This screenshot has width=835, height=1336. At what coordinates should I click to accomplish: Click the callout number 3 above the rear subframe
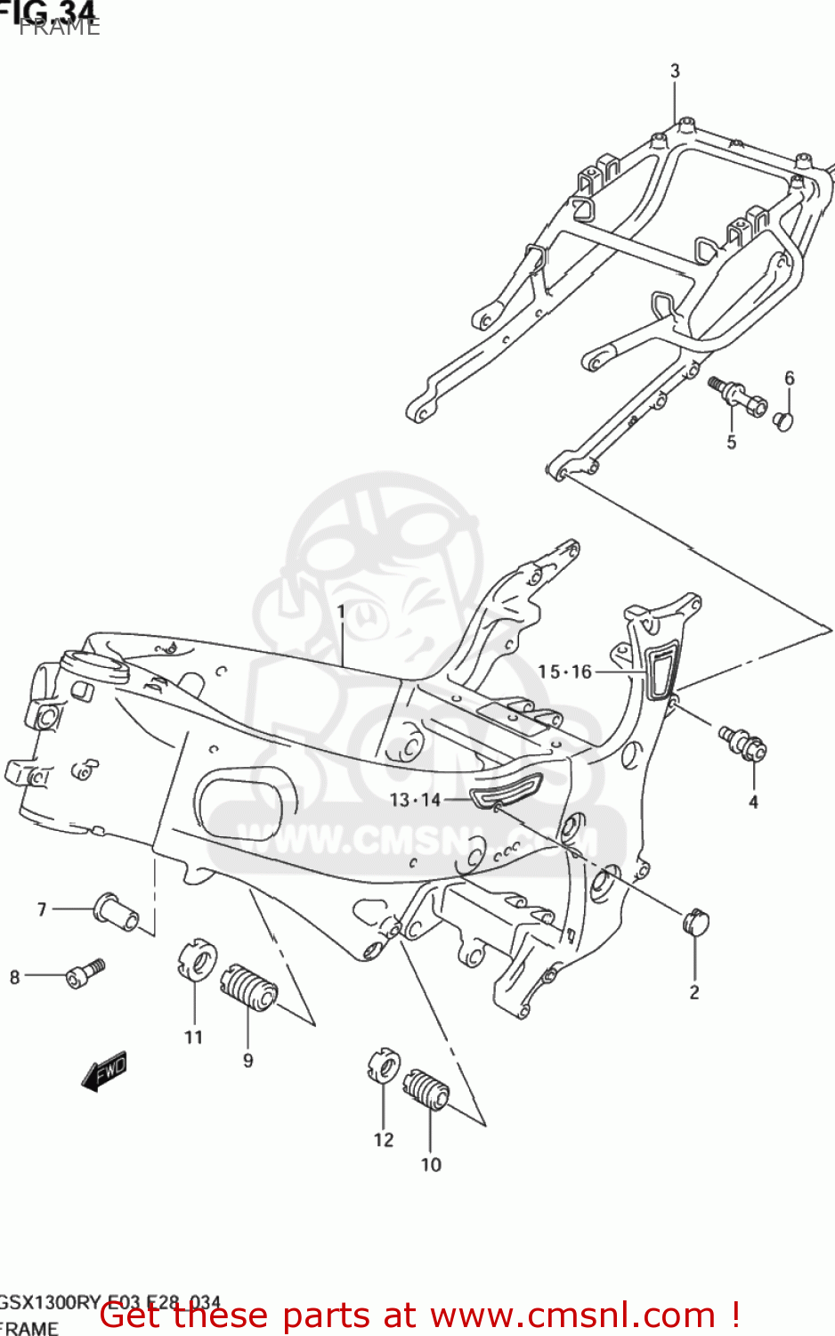click(675, 70)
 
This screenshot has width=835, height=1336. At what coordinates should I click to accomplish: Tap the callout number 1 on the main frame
click(341, 612)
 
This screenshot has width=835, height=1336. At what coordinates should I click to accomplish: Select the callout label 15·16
click(564, 672)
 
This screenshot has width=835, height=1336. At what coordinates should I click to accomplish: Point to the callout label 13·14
click(415, 800)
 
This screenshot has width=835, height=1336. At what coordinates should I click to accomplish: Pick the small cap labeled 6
click(782, 420)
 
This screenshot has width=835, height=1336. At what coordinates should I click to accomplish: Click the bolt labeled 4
click(744, 742)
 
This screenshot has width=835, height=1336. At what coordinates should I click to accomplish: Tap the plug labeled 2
click(695, 922)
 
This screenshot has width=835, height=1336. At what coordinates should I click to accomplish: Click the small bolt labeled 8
click(85, 973)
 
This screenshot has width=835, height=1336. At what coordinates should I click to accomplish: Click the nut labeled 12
click(384, 1066)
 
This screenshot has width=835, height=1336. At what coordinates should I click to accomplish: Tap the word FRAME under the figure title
click(60, 28)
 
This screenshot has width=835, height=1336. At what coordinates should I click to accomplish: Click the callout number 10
click(431, 1165)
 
